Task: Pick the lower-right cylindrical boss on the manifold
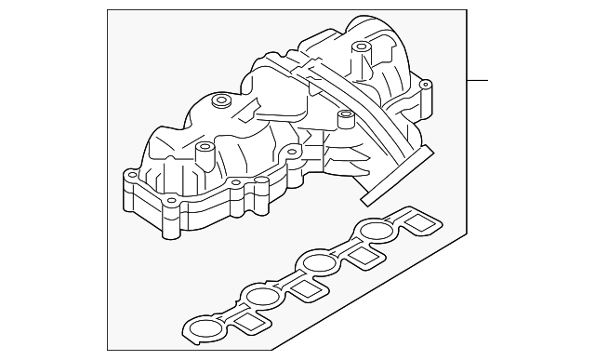(x=346, y=118)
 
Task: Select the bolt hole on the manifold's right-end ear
(x=427, y=87)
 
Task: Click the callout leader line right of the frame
(x=477, y=80)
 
